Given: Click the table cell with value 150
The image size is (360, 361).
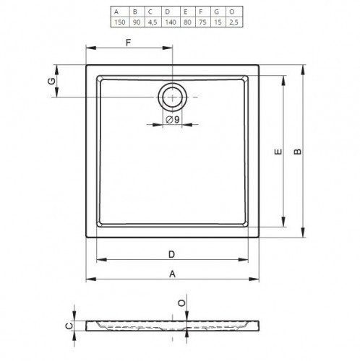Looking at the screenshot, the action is coord(120,22).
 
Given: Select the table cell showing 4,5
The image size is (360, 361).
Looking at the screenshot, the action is coord(153,22).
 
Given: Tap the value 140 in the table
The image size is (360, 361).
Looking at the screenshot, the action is coord(171,22).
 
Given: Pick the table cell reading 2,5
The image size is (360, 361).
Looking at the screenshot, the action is coord(233,22).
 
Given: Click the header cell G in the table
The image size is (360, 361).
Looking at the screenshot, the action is coord(218,12).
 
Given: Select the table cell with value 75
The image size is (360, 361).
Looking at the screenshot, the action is coord(202,22).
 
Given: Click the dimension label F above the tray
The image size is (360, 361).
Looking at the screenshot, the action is coord(128,43).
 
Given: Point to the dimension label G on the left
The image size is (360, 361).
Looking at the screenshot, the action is coord(51,82).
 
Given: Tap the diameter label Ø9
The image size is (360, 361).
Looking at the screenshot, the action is coord(173,120).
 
